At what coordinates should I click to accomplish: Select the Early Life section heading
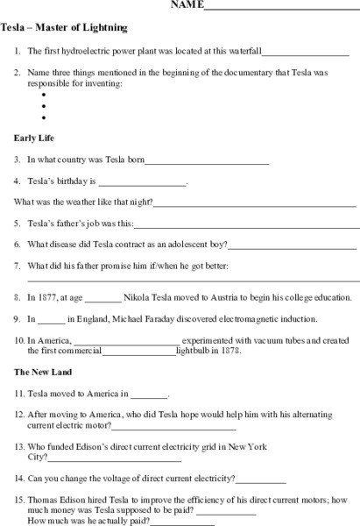(35, 139)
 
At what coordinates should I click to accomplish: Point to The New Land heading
(42, 373)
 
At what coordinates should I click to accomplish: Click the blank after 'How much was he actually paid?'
(183, 522)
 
